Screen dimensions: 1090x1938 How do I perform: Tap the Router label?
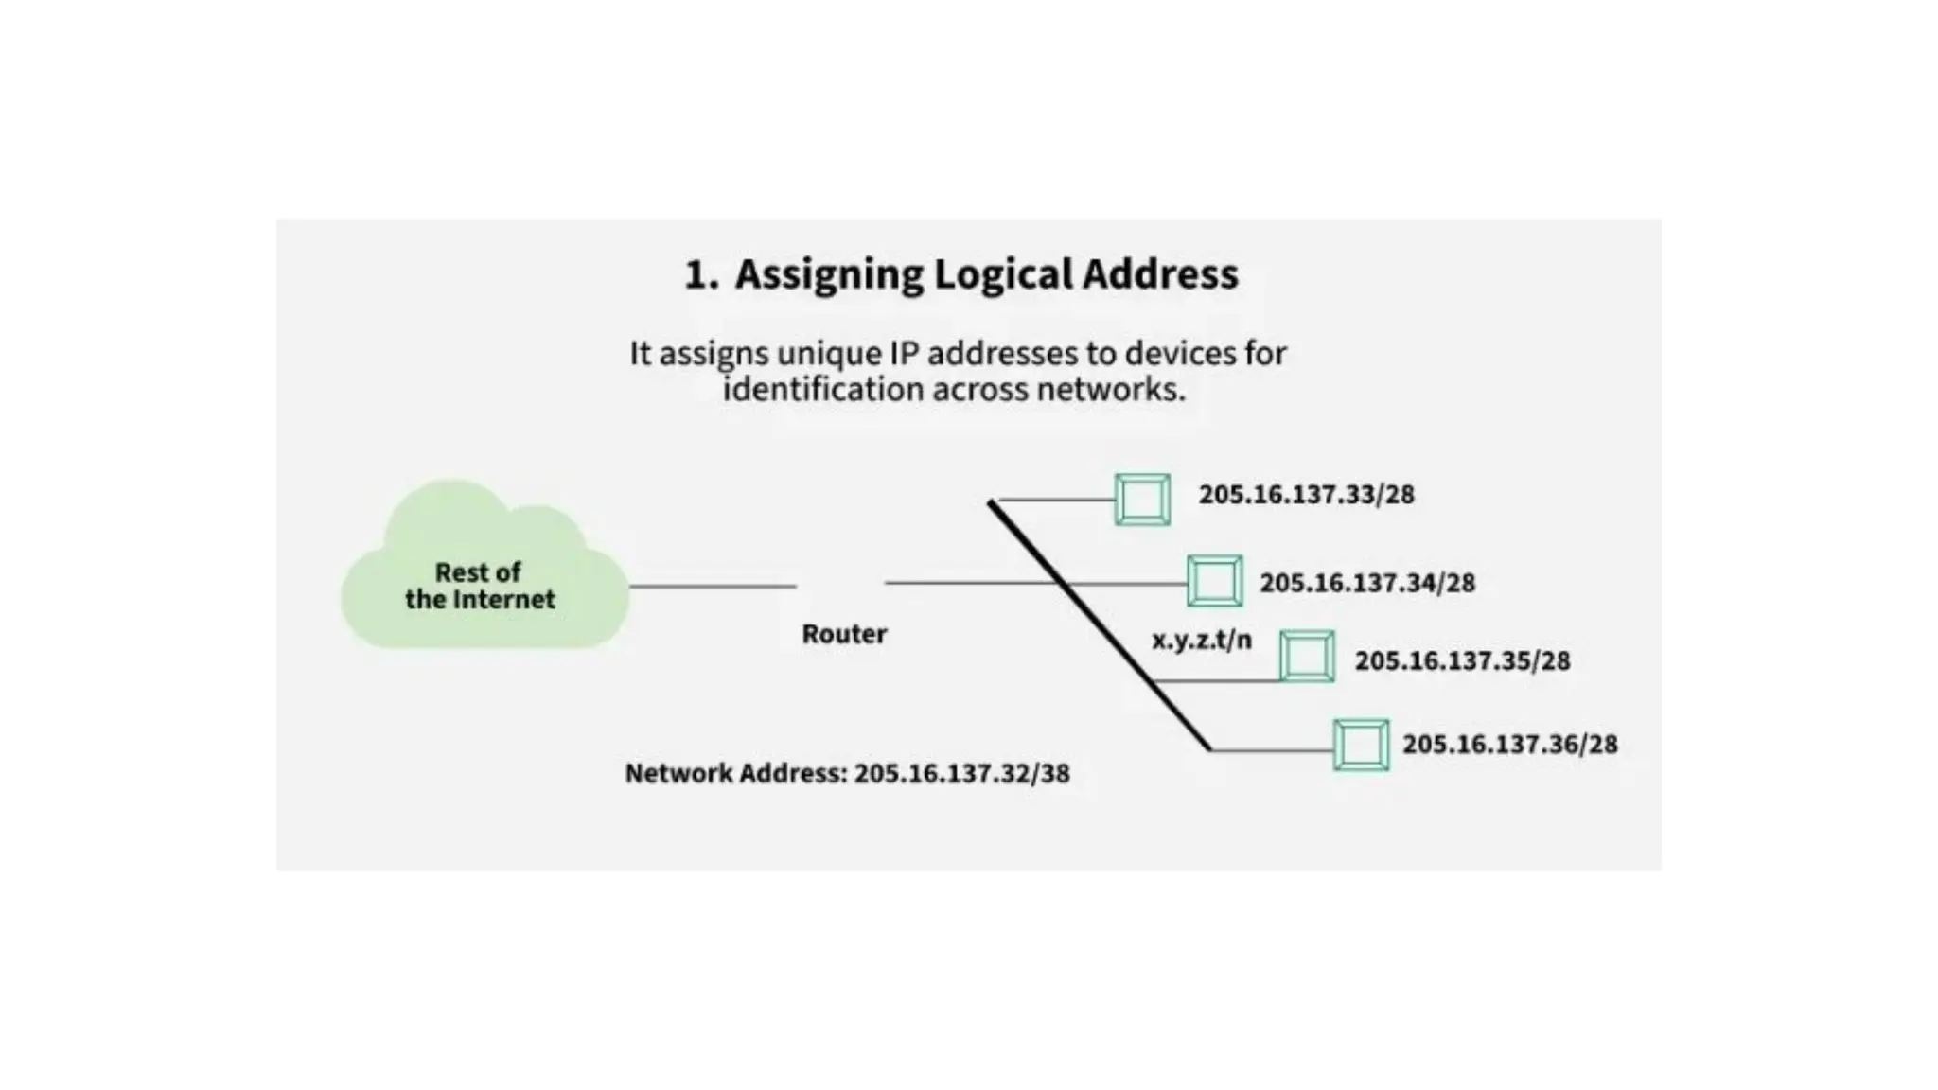[x=844, y=634]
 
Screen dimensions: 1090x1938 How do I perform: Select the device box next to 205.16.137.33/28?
[x=1142, y=499]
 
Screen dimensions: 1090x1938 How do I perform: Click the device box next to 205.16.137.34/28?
[x=1214, y=581]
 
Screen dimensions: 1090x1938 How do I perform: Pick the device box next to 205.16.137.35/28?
[x=1307, y=656]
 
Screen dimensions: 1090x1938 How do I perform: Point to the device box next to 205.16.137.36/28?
[x=1361, y=745]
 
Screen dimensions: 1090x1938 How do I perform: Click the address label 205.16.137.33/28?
[x=1306, y=495]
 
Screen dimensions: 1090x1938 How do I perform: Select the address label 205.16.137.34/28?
[x=1367, y=583]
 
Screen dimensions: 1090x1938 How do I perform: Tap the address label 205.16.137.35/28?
[x=1462, y=660]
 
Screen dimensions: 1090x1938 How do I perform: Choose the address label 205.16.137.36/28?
[x=1509, y=745]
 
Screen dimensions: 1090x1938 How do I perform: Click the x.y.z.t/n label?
[x=1201, y=641]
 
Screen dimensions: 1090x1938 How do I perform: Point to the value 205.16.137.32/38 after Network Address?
[x=961, y=774]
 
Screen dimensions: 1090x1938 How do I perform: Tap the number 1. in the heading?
[x=701, y=275]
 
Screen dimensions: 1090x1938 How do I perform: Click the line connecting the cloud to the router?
[x=712, y=587]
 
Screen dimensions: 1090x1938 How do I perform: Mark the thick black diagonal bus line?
[x=1100, y=624]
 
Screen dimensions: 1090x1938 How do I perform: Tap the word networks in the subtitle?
[x=1110, y=390]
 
